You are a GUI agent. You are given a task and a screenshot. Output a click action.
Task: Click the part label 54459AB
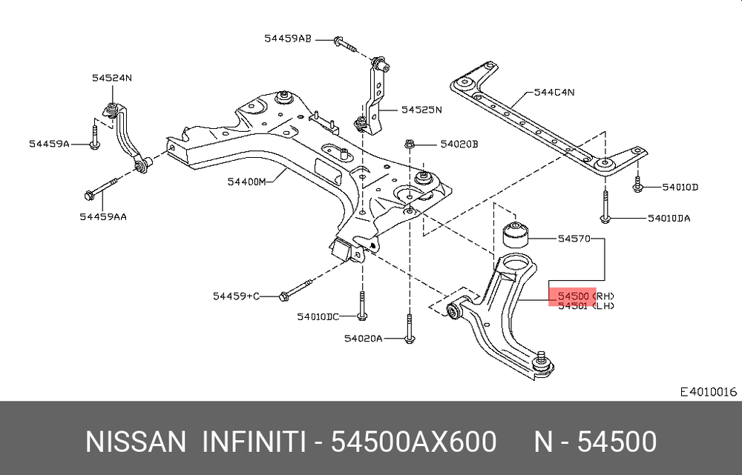pyautogui.click(x=288, y=39)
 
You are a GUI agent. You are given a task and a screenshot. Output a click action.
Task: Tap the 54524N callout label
pyautogui.click(x=112, y=78)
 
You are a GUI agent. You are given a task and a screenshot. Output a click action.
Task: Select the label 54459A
pyautogui.click(x=49, y=143)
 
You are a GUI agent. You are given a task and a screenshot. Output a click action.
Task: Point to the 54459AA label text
pyautogui.click(x=103, y=216)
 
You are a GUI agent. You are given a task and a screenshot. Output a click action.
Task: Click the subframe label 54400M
pyautogui.click(x=247, y=182)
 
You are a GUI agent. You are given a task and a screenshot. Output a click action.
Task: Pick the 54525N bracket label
pyautogui.click(x=421, y=110)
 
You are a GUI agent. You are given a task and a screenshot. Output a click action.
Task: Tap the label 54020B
pyautogui.click(x=459, y=144)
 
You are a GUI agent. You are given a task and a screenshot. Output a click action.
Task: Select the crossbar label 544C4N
pyautogui.click(x=554, y=92)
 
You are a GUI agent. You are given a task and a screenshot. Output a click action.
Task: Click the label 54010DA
pyautogui.click(x=669, y=218)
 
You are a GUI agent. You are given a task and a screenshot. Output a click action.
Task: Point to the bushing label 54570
pyautogui.click(x=574, y=239)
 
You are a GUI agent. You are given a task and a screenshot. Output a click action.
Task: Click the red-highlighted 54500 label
pyautogui.click(x=573, y=296)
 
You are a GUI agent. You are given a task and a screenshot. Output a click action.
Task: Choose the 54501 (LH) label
pyautogui.click(x=586, y=306)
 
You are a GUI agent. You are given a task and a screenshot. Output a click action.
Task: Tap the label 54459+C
pyautogui.click(x=236, y=296)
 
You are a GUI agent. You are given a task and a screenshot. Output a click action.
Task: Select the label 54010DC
pyautogui.click(x=318, y=316)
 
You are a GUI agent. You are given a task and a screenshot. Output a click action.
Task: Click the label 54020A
pyautogui.click(x=363, y=339)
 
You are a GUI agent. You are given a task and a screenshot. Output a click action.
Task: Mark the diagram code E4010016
pyautogui.click(x=709, y=391)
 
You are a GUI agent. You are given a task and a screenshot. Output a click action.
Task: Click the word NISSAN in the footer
pyautogui.click(x=136, y=442)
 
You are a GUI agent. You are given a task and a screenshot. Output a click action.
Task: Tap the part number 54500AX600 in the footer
pyautogui.click(x=413, y=442)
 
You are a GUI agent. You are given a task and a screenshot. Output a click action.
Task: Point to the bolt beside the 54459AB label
pyautogui.click(x=345, y=44)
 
